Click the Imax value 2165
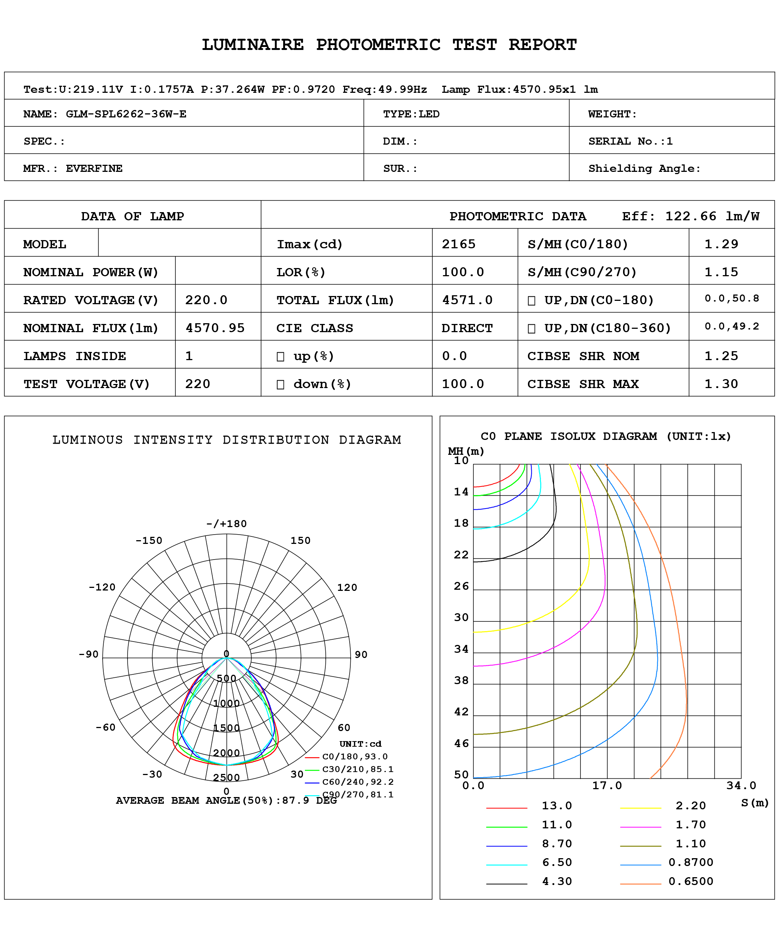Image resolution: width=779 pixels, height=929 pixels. (x=459, y=244)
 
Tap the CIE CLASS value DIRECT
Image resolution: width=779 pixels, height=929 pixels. (x=467, y=328)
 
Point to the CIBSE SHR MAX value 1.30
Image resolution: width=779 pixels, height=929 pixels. (x=721, y=384)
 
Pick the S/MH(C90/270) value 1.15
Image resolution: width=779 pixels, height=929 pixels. (x=721, y=272)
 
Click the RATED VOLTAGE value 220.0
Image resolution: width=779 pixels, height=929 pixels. (x=206, y=300)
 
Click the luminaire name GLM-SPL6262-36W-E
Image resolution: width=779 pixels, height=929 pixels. (x=126, y=114)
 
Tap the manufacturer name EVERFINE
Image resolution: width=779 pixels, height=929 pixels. (x=94, y=169)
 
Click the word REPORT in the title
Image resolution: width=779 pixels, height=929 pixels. (x=542, y=45)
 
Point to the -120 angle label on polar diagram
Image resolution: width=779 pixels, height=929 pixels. (x=102, y=588)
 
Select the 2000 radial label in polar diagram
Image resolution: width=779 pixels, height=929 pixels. (x=226, y=753)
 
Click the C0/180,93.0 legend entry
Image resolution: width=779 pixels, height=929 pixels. (x=354, y=757)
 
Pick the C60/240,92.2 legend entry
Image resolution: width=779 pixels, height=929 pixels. (x=358, y=782)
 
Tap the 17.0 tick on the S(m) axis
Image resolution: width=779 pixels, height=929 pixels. (x=607, y=786)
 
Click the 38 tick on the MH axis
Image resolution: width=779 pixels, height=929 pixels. (x=461, y=680)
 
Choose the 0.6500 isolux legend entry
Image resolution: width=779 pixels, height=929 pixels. (x=691, y=882)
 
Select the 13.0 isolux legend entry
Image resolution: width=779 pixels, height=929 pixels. (x=557, y=806)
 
